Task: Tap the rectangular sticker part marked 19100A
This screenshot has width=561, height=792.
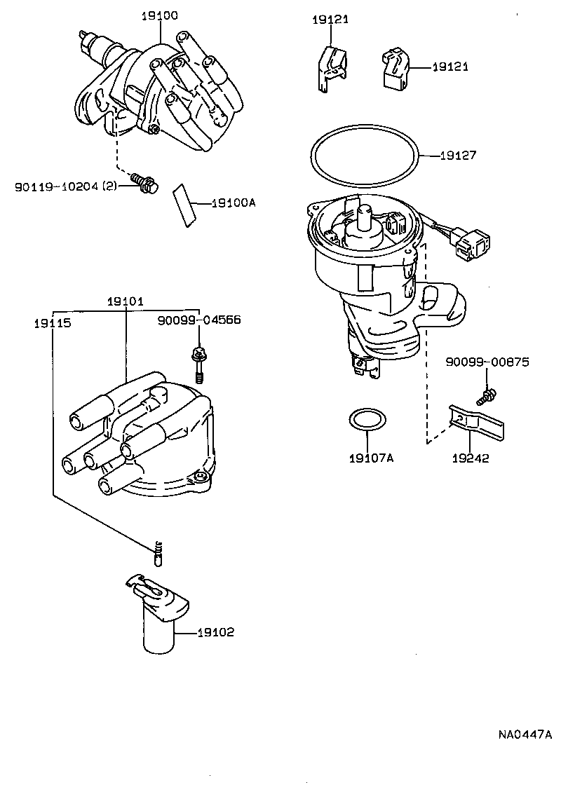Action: point(184,205)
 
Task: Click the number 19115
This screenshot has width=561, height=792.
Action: point(52,324)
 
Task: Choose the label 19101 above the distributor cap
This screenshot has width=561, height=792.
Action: point(126,302)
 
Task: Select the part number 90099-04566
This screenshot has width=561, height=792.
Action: point(199,320)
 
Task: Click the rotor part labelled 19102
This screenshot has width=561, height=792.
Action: point(158,617)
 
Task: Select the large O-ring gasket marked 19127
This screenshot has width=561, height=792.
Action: point(365,158)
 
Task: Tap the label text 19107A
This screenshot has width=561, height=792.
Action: point(371,459)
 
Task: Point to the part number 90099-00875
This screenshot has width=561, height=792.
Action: point(487,362)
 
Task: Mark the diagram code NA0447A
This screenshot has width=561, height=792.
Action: point(525,735)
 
